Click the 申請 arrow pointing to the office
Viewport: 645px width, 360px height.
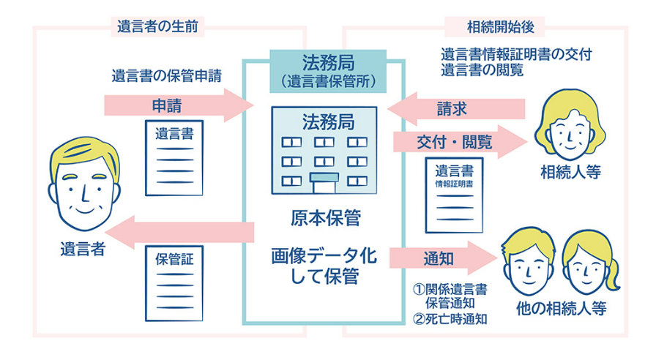[176, 103]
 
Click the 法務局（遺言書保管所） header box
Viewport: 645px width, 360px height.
[328, 70]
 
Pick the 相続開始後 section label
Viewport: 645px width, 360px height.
[491, 27]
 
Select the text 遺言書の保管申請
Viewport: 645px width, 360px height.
[166, 75]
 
